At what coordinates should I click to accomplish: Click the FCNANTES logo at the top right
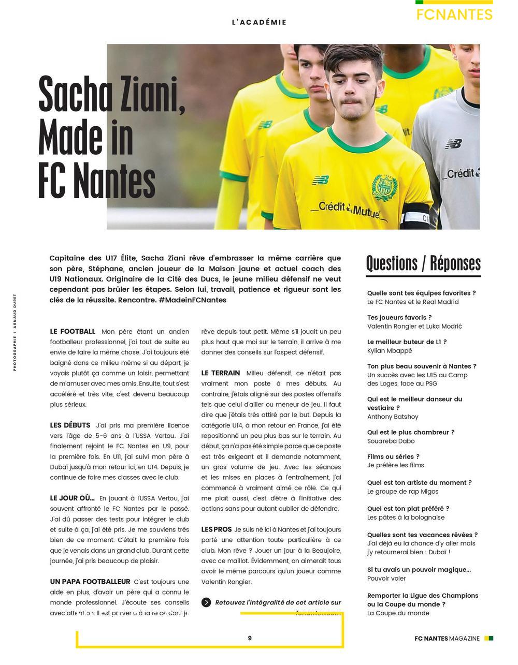[454, 14]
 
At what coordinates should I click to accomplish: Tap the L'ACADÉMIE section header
[259, 22]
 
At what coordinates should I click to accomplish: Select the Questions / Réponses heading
[423, 263]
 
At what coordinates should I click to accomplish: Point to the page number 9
[250, 638]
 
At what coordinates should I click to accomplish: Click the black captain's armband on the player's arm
[416, 215]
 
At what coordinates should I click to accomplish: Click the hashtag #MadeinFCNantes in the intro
[192, 300]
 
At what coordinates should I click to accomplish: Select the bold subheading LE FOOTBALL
[73, 331]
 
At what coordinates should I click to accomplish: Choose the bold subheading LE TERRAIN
[221, 373]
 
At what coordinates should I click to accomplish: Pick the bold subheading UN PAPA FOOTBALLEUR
[90, 582]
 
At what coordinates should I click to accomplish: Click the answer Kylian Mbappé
[390, 350]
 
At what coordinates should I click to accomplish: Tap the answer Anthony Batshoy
[393, 417]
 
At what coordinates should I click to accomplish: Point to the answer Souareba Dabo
[391, 441]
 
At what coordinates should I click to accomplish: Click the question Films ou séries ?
[393, 456]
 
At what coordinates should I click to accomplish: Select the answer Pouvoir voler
[386, 578]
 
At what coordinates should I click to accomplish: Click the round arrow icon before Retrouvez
[206, 602]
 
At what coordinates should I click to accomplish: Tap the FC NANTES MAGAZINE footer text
[447, 639]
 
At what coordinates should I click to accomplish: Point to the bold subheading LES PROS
[217, 529]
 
